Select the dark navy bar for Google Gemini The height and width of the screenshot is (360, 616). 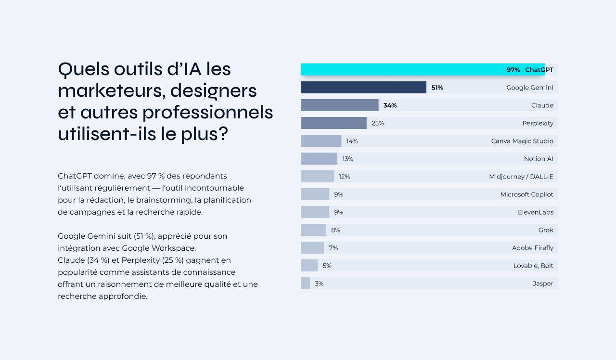[x=363, y=88]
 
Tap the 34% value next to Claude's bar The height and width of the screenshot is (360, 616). [x=390, y=105]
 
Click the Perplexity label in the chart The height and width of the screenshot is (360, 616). [x=538, y=123]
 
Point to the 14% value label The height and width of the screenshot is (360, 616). [x=352, y=141]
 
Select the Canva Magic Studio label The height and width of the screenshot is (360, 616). [x=522, y=141]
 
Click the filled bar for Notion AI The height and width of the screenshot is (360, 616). [x=319, y=159]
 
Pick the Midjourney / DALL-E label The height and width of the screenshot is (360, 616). [x=521, y=177]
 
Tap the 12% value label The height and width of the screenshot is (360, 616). [x=344, y=177]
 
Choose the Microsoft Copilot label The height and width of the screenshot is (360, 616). [x=526, y=194]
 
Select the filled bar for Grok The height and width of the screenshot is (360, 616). [x=313, y=230]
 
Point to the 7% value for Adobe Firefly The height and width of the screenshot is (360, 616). [x=334, y=248]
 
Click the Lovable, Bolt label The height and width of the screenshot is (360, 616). [x=533, y=266]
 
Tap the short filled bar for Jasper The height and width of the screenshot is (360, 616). [x=305, y=283]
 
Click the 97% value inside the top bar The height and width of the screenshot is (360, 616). [x=513, y=70]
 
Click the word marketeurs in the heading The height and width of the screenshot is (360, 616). [x=109, y=90]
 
